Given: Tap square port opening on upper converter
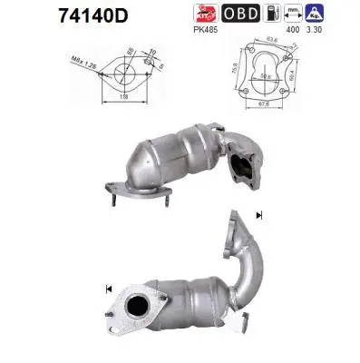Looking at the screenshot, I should click(x=243, y=167).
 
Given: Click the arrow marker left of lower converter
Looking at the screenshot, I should click(x=109, y=289).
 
